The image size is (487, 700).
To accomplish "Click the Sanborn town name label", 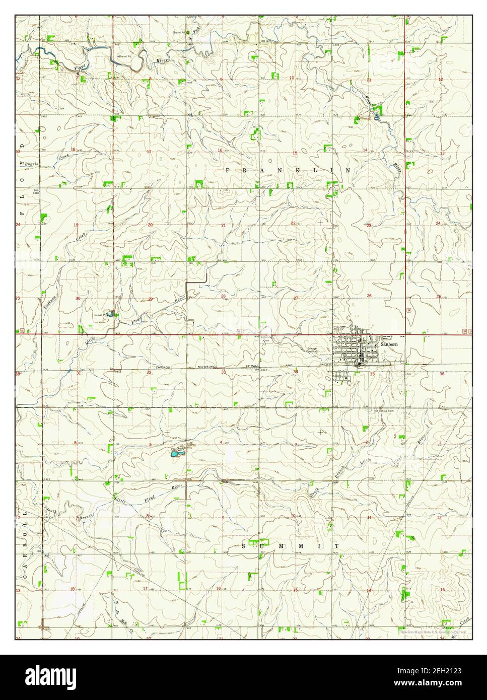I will click(x=388, y=346).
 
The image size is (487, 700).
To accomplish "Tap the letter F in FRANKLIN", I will click(x=228, y=171).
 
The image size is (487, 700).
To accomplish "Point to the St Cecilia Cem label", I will click(x=383, y=411).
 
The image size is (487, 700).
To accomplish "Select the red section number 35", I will click(x=372, y=374).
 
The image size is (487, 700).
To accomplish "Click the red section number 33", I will click(x=223, y=373).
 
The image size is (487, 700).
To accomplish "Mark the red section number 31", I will click(x=78, y=373).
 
